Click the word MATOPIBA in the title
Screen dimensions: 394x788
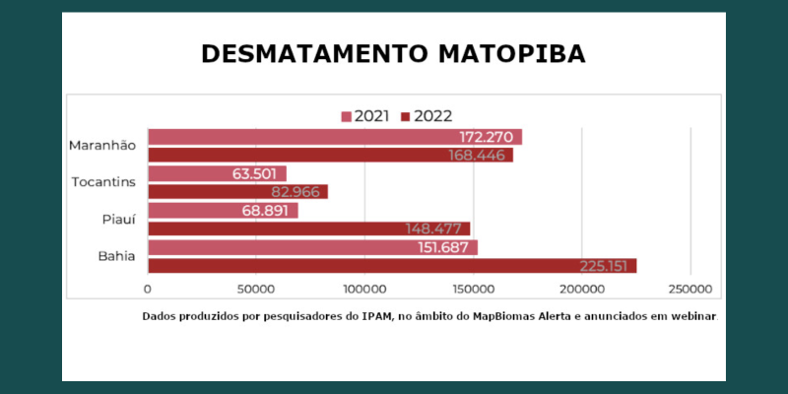(x=510, y=53)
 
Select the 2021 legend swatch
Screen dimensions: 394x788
(x=347, y=116)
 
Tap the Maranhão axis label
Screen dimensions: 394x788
(x=102, y=146)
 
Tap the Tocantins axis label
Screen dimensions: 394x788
(x=104, y=182)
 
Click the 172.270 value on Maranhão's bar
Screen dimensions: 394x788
(x=488, y=137)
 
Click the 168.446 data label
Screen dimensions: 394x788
(x=479, y=155)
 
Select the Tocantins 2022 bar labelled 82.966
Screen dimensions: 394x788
(x=237, y=192)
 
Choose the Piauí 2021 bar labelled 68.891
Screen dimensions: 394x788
(x=223, y=211)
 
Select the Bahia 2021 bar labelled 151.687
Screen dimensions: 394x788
(x=312, y=247)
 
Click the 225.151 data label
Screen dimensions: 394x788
(x=604, y=265)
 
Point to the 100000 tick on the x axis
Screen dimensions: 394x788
(x=364, y=290)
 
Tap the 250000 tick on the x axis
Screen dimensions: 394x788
(x=689, y=290)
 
